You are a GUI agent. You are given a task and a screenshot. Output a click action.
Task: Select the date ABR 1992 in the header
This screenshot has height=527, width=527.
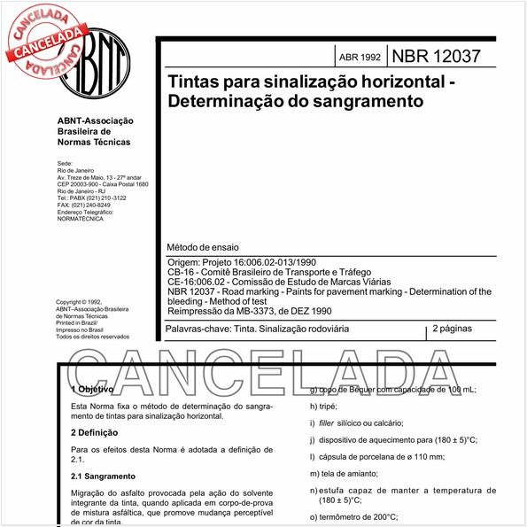coord(360,57)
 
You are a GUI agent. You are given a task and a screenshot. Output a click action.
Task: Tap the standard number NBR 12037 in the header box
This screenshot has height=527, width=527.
coord(438,56)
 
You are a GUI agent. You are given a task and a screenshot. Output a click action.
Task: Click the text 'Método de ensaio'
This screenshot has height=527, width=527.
coord(203,246)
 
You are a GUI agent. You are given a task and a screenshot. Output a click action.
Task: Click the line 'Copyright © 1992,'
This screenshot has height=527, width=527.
coord(85,302)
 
